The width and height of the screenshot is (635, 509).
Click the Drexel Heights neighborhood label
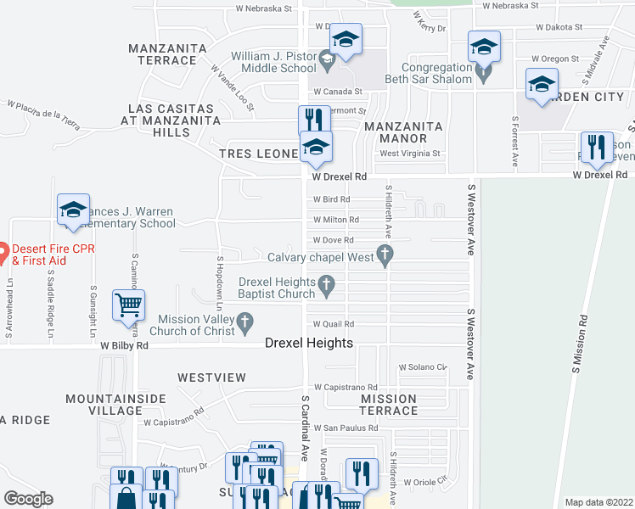tap(309, 343)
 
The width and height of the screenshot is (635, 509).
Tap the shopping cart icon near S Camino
tap(128, 305)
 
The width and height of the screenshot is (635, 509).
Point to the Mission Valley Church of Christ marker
tap(245, 322)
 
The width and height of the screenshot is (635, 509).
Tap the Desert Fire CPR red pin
tap(3, 250)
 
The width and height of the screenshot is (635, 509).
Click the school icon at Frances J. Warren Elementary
tap(73, 210)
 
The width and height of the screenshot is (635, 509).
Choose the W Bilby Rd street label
tap(125, 346)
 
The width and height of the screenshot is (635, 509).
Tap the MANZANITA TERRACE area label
tap(162, 54)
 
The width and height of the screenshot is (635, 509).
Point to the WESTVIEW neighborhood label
tap(211, 377)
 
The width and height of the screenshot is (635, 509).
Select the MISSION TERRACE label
tap(388, 405)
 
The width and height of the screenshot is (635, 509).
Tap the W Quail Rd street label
tap(333, 324)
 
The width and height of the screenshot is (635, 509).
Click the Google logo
tap(28, 499)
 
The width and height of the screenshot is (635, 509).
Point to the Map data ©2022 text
tap(598, 502)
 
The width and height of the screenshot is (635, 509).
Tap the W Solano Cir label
tap(423, 366)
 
